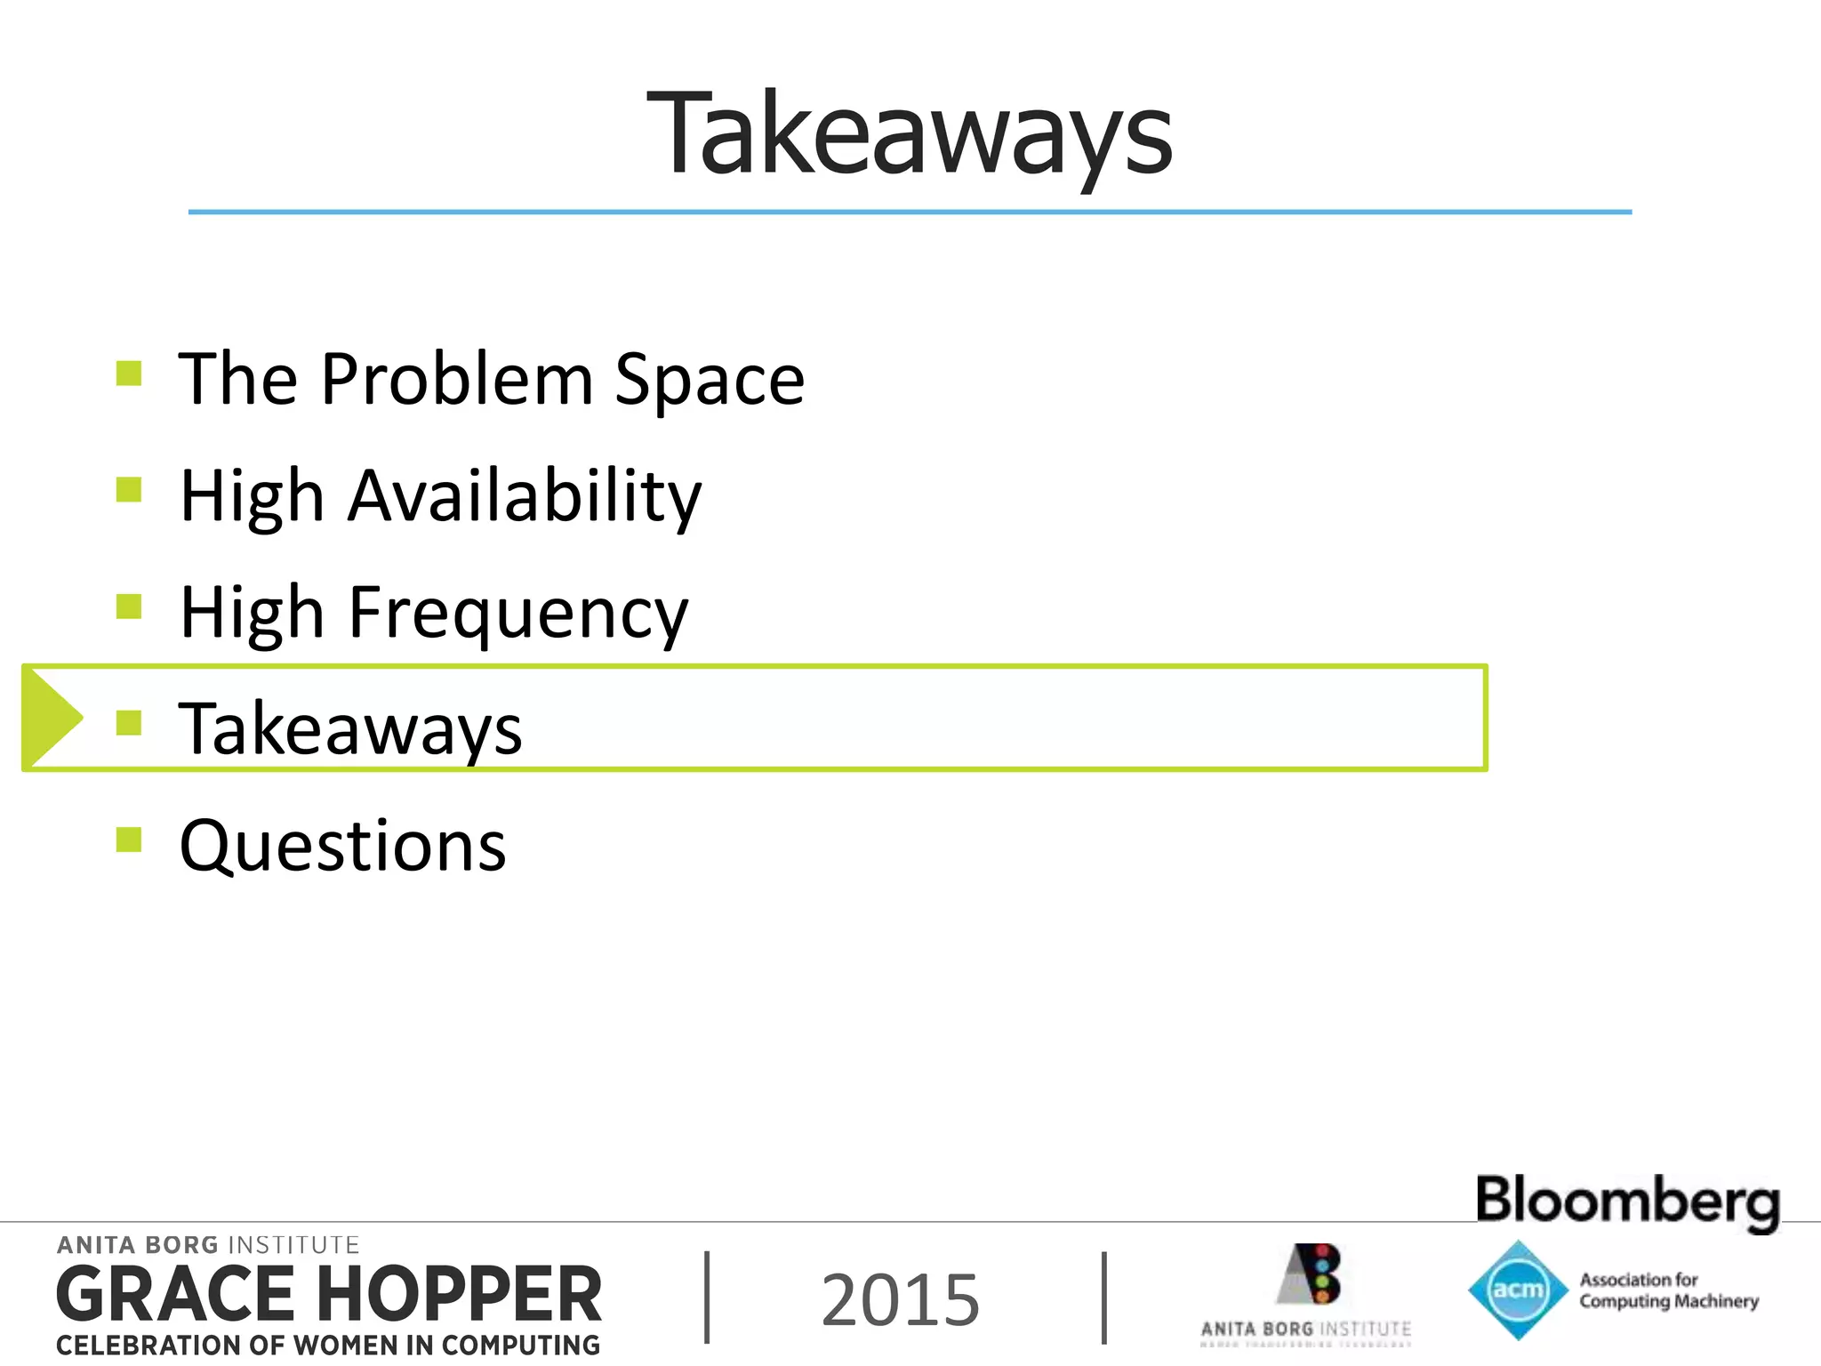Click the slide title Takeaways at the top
point(909,135)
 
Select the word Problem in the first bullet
point(457,381)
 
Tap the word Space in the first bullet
point(710,381)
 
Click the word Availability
point(525,496)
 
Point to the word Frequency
point(518,614)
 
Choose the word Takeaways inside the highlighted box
point(350,729)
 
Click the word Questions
point(342,846)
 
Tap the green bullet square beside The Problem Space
point(129,373)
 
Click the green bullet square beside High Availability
point(129,490)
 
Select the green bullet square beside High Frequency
point(129,607)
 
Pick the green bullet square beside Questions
point(129,840)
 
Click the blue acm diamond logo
point(1517,1290)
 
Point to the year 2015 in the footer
point(900,1300)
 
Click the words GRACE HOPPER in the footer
point(329,1295)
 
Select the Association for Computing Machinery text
point(1668,1290)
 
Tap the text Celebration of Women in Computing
point(327,1346)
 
